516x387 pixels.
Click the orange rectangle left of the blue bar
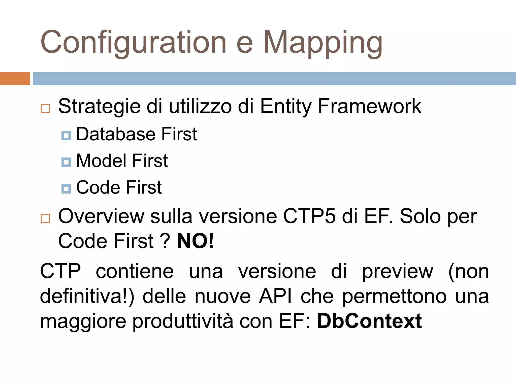click(x=15, y=79)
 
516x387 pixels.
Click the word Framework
click(x=369, y=106)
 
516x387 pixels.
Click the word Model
click(x=101, y=161)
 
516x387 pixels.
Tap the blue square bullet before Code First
click(x=66, y=188)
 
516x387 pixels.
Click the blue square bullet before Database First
click(x=66, y=136)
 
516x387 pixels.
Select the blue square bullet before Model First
click(x=66, y=162)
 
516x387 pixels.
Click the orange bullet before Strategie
click(x=45, y=109)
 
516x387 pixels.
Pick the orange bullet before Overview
click(x=45, y=218)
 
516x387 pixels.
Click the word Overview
click(x=101, y=216)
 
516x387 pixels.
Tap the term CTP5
click(x=309, y=216)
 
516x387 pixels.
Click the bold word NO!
click(x=196, y=241)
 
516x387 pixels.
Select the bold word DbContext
click(x=369, y=321)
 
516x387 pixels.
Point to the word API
click(x=275, y=296)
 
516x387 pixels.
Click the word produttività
click(x=183, y=322)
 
